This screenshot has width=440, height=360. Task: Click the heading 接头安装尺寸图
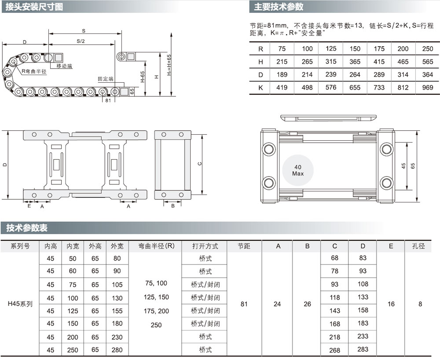click(34, 7)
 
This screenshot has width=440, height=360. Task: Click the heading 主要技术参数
click(279, 7)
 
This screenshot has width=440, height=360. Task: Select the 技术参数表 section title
click(27, 228)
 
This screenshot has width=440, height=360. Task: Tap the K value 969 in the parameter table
click(427, 88)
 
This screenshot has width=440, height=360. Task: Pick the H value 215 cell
click(282, 62)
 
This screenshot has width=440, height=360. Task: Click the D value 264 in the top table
click(355, 75)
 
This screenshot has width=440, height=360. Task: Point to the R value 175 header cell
click(379, 49)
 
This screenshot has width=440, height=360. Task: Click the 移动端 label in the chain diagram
click(64, 66)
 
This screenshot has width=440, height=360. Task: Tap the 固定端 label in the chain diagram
click(106, 79)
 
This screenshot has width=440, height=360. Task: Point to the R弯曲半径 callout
click(34, 71)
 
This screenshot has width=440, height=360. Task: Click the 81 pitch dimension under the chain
click(108, 100)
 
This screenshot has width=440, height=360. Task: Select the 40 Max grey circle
click(298, 170)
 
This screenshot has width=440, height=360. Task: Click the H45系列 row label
click(20, 304)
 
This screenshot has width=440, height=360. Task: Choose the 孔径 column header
click(418, 246)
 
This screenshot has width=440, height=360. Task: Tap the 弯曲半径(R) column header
click(156, 246)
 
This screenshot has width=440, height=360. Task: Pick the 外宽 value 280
click(117, 350)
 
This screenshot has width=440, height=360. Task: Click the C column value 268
click(334, 350)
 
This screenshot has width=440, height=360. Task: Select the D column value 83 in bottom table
click(363, 258)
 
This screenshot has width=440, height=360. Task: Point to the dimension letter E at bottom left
click(29, 206)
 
